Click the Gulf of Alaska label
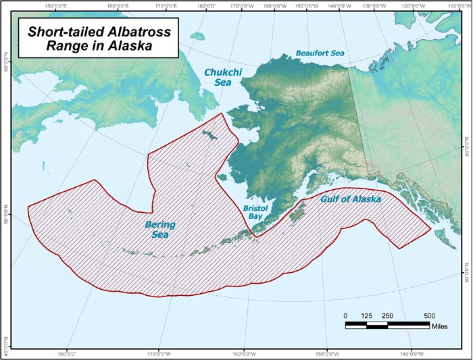(350, 200)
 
